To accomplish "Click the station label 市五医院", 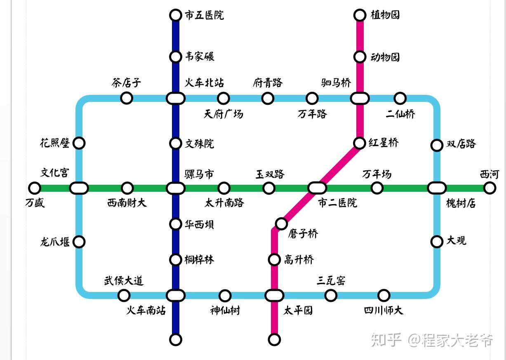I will tap(204, 16).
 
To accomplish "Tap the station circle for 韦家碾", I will tap(176, 56).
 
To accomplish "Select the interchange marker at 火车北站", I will tap(176, 99).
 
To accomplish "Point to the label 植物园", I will tap(385, 15).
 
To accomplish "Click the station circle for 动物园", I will tap(360, 56).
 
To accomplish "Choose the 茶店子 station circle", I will tap(126, 98).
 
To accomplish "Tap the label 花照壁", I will tap(55, 143).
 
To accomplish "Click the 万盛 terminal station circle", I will tap(35, 188).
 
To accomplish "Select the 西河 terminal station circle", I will tap(490, 188).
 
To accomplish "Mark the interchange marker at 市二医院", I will tap(317, 188).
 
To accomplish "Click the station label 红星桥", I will tap(384, 143).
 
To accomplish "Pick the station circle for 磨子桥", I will tap(281, 224).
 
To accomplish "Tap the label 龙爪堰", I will tap(55, 242).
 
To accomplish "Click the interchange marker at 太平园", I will tap(274, 295).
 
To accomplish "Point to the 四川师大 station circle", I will tap(384, 295).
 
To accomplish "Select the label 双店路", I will tap(461, 144).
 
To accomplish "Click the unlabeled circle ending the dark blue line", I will tap(176, 339).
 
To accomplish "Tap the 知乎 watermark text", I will tap(386, 340).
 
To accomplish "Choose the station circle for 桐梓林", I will tap(176, 260).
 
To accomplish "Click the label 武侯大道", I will tap(123, 281).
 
